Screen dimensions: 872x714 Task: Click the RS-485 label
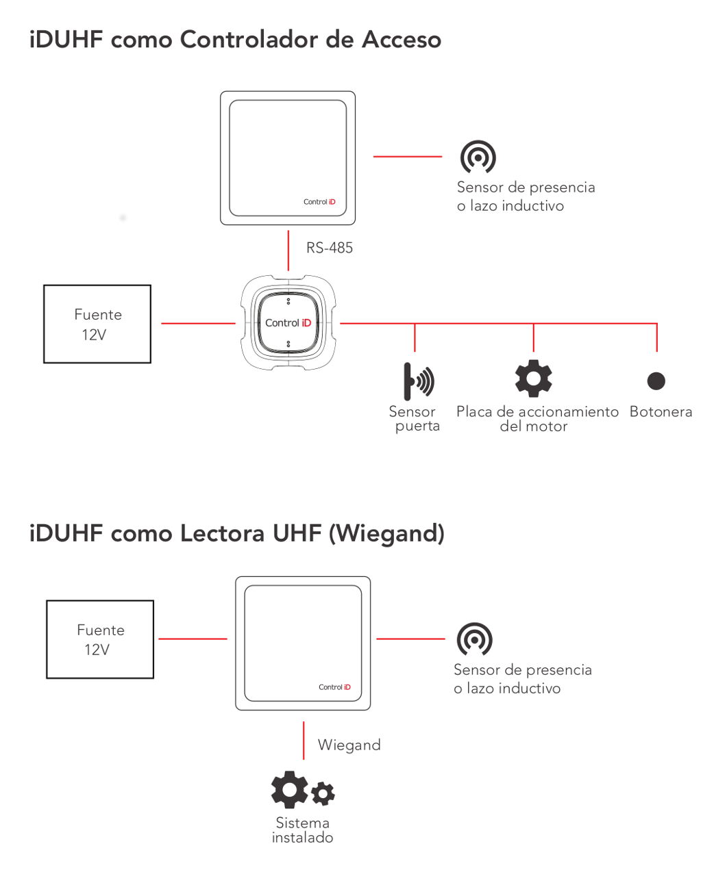point(330,248)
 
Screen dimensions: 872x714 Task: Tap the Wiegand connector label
point(349,745)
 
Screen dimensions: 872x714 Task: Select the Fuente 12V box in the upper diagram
point(97,324)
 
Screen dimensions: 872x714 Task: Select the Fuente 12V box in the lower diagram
point(100,639)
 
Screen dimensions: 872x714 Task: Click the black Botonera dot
point(656,381)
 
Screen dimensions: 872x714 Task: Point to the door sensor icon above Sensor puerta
point(418,381)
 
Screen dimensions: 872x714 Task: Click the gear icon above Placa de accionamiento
point(533,378)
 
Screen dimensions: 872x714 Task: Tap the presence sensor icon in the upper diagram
point(478,157)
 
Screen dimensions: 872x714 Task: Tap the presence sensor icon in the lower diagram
point(474,639)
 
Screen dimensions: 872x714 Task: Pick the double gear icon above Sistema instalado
point(302,791)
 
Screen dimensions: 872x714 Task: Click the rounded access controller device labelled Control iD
point(288,323)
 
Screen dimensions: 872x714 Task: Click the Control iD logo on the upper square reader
point(319,202)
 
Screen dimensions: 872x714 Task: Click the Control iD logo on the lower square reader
point(334,687)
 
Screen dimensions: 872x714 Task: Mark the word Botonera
point(661,411)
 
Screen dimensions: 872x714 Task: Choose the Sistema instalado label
point(302,830)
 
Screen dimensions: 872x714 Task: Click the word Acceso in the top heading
point(402,40)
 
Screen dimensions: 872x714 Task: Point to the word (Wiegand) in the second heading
point(386,533)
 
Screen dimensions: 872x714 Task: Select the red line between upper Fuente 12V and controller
point(198,323)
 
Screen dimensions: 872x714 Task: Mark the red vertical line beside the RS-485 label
point(288,251)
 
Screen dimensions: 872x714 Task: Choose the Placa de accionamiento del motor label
point(537,418)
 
